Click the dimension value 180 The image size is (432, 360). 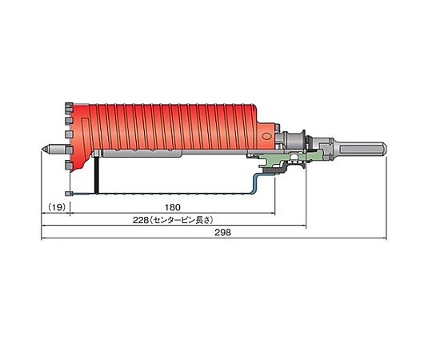pyautogui.click(x=173, y=207)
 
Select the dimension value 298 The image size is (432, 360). pyautogui.click(x=222, y=233)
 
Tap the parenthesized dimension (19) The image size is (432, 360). pyautogui.click(x=58, y=207)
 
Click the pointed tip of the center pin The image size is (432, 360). pyautogui.click(x=42, y=149)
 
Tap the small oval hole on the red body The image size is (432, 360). pyautogui.click(x=266, y=136)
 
